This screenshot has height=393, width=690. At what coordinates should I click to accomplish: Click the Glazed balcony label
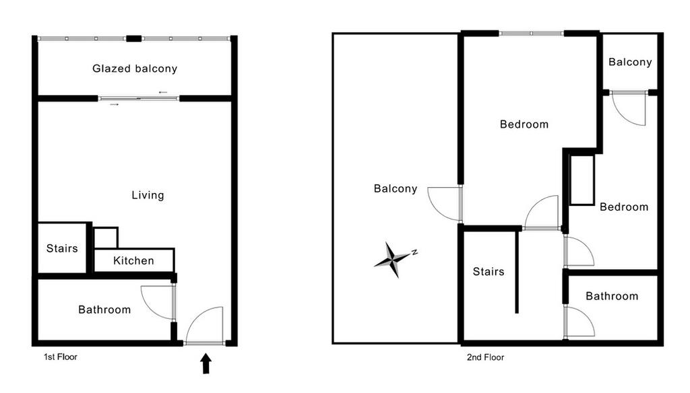[x=135, y=69]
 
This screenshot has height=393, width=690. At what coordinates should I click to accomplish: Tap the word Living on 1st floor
[x=148, y=195]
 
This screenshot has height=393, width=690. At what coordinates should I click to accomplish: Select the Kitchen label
[x=133, y=260]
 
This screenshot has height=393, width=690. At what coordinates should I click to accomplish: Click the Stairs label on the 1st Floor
[x=62, y=248]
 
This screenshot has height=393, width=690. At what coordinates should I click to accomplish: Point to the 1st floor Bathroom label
[x=104, y=310]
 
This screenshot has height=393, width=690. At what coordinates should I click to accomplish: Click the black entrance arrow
[x=206, y=364]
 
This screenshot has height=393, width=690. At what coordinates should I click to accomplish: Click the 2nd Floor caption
[x=485, y=357]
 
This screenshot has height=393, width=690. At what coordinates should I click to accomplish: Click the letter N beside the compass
[x=414, y=252]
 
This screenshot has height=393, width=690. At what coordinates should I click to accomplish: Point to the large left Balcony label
[x=396, y=189]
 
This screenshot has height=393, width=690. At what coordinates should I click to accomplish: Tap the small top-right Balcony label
[x=630, y=62]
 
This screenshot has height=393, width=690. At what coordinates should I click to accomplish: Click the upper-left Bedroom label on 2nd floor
[x=524, y=124]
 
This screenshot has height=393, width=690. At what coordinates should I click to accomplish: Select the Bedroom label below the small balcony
[x=624, y=207]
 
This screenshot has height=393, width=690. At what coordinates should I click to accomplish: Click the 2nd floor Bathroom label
[x=611, y=296]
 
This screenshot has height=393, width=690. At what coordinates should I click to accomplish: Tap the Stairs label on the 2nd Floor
[x=489, y=272]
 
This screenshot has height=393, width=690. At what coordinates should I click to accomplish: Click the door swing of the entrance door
[x=206, y=326]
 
